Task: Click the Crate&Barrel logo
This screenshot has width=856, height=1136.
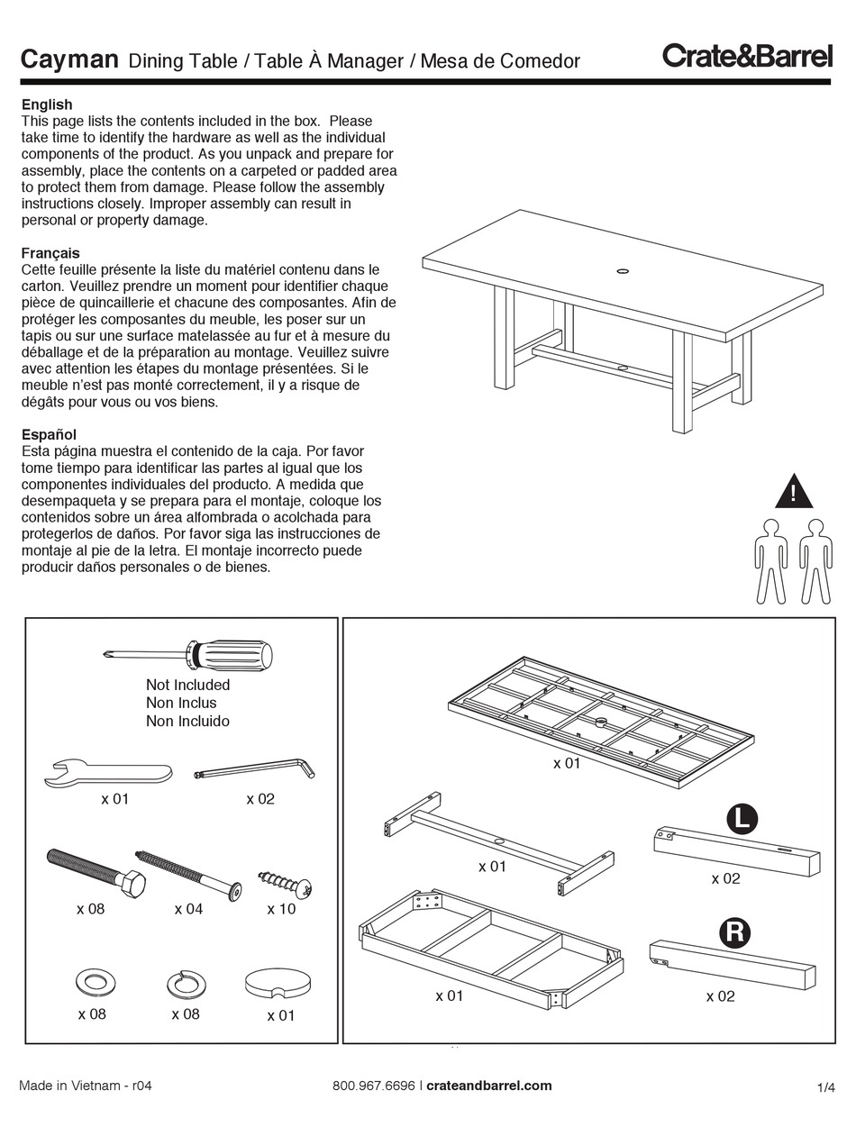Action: pos(747,56)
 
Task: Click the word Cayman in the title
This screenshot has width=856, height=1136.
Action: pos(69,59)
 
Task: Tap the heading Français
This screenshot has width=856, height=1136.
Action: pos(50,253)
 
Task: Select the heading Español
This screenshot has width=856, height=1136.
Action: pos(49,434)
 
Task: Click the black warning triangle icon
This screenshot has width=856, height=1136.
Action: pos(794,492)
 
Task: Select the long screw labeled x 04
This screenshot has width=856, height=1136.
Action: pos(188,875)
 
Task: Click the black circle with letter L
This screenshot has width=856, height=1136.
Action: pos(742,819)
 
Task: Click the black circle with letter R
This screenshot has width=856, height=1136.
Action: pos(734,932)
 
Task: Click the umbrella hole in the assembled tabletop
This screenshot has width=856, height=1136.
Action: pos(623,269)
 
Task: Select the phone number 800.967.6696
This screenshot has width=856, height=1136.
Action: pos(374,1086)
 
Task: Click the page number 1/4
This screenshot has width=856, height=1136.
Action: pos(825,1087)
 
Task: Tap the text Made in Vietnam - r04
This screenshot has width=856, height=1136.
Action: pos(86,1086)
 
